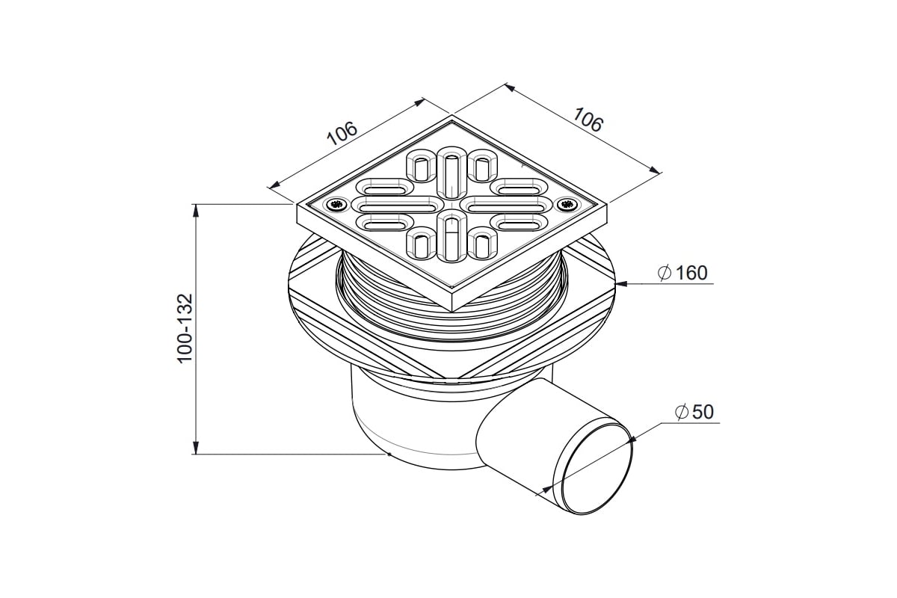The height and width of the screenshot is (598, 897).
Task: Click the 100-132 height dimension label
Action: [185, 328]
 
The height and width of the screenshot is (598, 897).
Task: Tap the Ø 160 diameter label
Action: [682, 273]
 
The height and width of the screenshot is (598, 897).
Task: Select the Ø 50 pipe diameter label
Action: [694, 412]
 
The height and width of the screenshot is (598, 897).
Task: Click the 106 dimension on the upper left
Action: [342, 133]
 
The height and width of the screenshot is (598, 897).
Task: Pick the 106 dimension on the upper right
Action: [588, 120]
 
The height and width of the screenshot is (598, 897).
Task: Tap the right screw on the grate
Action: [567, 204]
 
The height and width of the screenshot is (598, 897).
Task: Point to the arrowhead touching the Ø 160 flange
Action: [621, 284]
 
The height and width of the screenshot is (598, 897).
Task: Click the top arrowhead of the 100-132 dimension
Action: [195, 211]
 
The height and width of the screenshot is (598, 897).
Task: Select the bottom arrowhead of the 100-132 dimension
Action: [195, 448]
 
